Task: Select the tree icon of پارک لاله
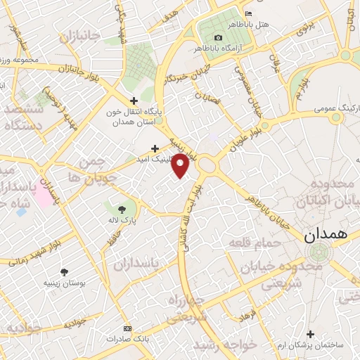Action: click(122, 209)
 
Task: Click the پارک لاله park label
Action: click(122, 221)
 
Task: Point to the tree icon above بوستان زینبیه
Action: click(65, 272)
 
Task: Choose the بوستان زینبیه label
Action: click(65, 283)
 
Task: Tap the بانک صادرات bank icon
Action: click(127, 328)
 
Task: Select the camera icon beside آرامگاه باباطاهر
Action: click(218, 37)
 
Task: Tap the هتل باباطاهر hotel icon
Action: click(247, 14)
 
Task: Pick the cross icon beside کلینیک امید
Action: click(155, 148)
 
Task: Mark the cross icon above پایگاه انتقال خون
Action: click(134, 101)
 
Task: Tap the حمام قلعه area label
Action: click(255, 243)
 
